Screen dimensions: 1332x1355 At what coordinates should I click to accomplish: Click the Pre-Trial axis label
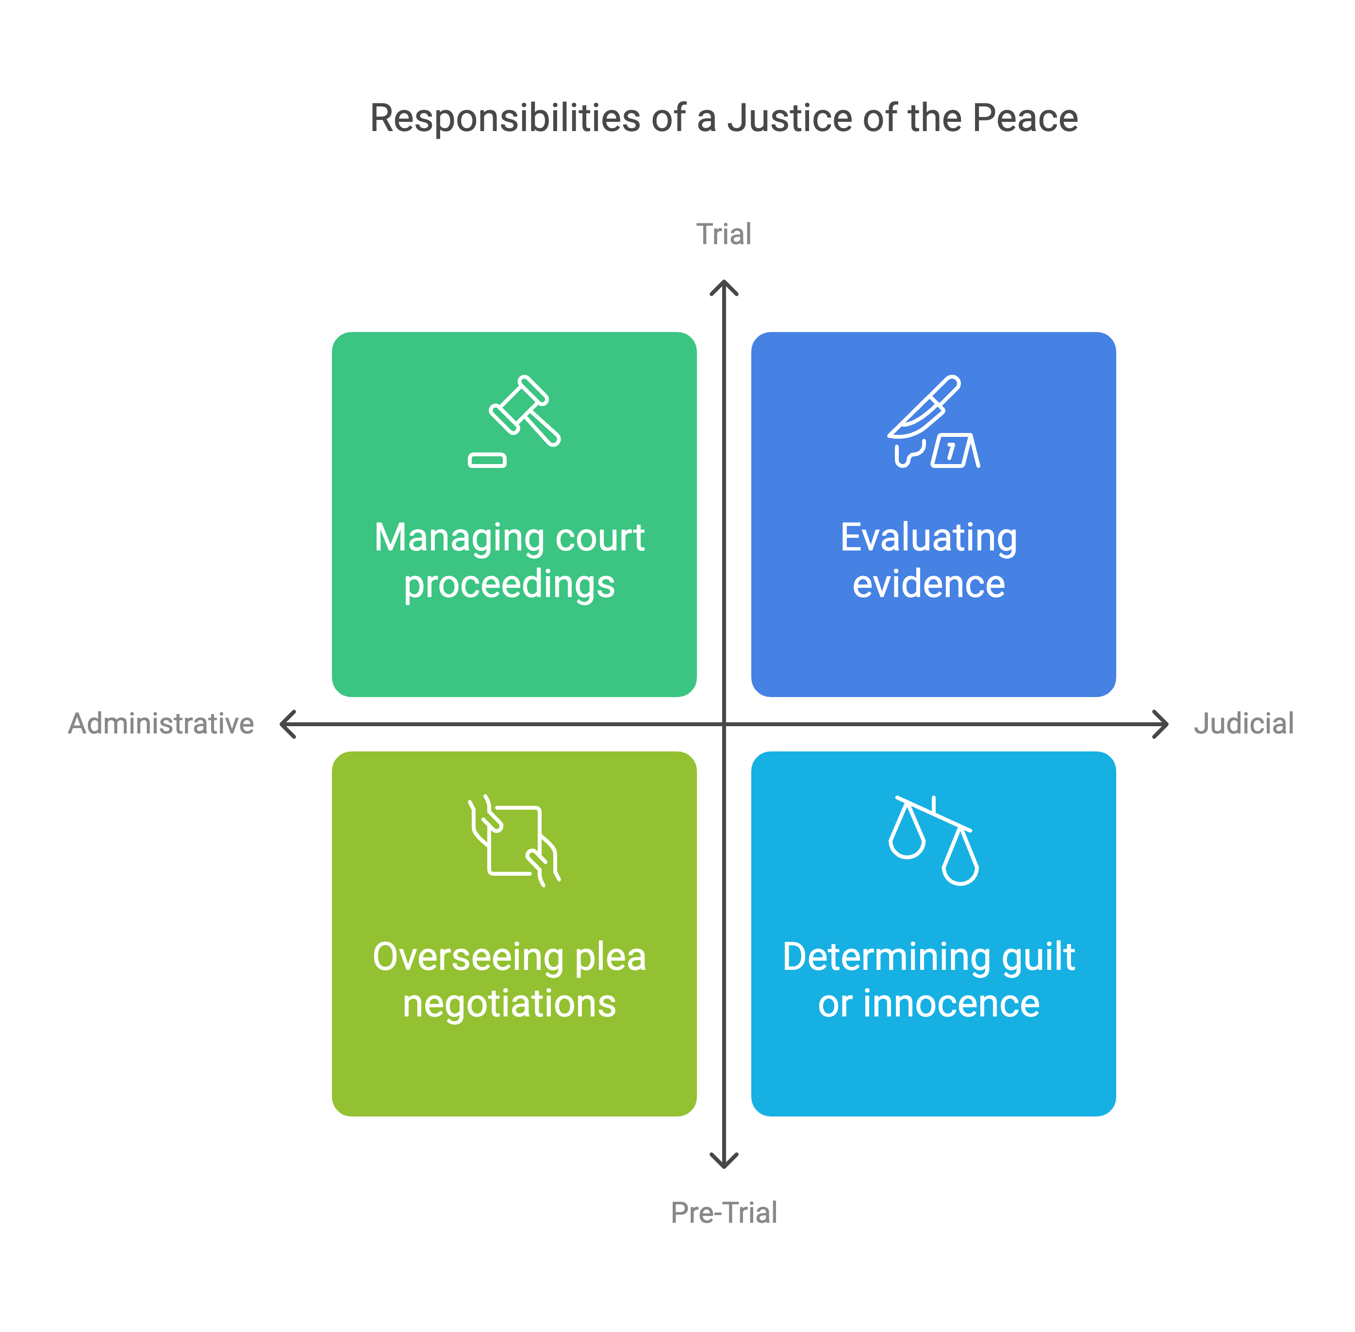(723, 1213)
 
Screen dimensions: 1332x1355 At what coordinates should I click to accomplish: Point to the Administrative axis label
(161, 723)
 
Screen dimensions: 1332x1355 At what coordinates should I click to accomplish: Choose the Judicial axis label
(1243, 723)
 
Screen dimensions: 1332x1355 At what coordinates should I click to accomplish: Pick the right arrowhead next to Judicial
(1162, 724)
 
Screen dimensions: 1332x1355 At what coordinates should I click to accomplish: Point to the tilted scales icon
(933, 839)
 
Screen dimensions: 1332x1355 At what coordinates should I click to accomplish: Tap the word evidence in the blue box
(928, 584)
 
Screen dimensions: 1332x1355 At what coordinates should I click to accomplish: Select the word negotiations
(509, 1003)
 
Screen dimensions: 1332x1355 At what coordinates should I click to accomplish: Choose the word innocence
(951, 1003)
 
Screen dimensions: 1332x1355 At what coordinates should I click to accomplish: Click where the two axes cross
(724, 724)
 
